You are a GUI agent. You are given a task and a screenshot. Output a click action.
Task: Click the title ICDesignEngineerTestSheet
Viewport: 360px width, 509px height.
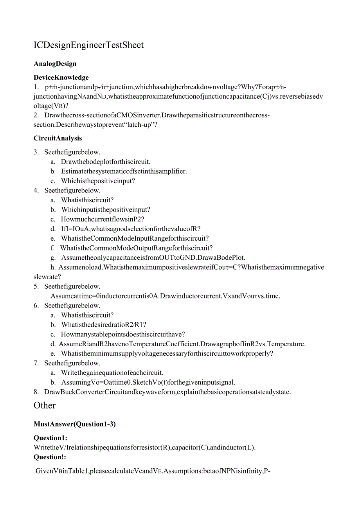tap(88, 45)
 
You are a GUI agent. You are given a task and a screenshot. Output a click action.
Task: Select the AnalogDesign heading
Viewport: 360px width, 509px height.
tap(55, 63)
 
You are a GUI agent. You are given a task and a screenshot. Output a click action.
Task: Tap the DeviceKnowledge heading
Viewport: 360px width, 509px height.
tap(61, 77)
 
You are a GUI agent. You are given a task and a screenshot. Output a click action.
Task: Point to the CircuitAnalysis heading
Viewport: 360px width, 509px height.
tap(58, 138)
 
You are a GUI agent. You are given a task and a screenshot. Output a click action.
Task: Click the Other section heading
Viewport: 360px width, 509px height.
tap(45, 405)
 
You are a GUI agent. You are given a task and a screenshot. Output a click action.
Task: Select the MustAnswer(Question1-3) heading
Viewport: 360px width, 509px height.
tap(75, 424)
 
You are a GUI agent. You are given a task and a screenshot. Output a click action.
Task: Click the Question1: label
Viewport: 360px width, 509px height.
tap(50, 438)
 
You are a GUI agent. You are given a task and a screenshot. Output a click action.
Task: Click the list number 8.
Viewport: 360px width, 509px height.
tap(36, 392)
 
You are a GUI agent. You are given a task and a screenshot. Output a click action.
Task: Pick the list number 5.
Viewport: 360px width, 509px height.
tap(36, 286)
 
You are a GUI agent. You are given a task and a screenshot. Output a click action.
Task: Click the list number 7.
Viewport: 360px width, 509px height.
tap(36, 363)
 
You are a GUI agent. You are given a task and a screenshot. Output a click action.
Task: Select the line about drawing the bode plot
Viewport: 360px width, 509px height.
tap(106, 162)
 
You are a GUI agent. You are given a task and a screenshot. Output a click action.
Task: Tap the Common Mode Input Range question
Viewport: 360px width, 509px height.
tap(135, 238)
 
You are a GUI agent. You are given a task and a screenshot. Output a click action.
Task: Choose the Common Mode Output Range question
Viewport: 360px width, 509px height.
tap(136, 248)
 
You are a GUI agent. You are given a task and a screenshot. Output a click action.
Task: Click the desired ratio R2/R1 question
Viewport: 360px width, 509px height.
tap(104, 325)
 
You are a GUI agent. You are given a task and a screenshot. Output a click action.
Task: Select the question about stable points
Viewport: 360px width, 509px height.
tap(123, 335)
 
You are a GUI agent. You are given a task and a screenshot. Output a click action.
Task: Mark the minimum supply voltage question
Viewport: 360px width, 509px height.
tap(167, 354)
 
